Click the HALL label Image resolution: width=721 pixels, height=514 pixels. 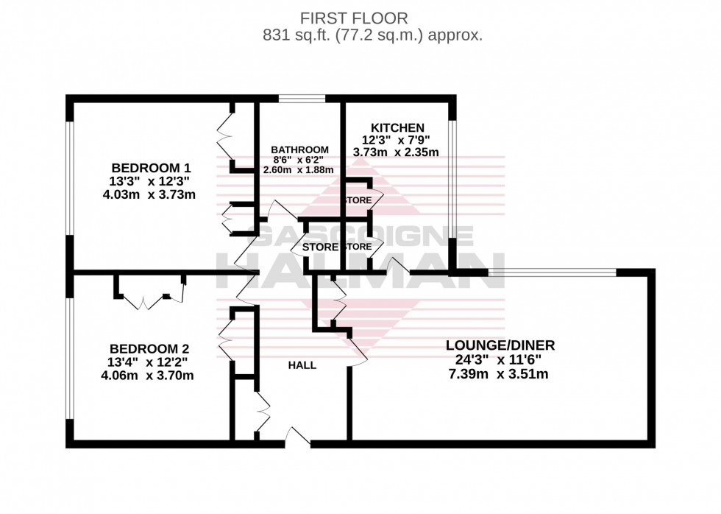[x=302, y=365]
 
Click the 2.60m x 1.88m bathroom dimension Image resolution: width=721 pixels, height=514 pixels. [x=298, y=169]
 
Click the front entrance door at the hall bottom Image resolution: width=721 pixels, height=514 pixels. [x=298, y=439]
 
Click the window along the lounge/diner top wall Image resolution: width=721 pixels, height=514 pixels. [x=552, y=272]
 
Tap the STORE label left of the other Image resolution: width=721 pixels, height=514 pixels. [x=320, y=247]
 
